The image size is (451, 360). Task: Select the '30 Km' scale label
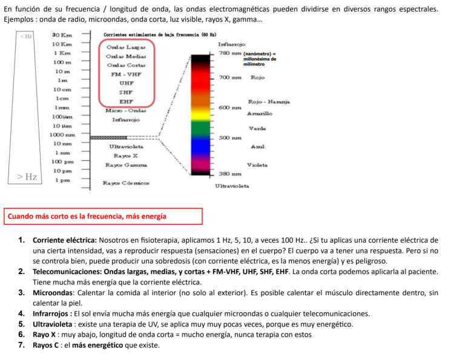pyautogui.click(x=62, y=36)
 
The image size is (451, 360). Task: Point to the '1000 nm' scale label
pyautogui.click(x=62, y=134)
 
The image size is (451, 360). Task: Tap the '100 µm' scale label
pyautogui.click(x=62, y=116)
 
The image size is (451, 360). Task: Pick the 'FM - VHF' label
pyautogui.click(x=126, y=74)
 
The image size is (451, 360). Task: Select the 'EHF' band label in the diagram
pyautogui.click(x=126, y=102)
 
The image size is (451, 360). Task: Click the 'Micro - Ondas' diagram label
pyautogui.click(x=125, y=111)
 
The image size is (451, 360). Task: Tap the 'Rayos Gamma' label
pyautogui.click(x=126, y=165)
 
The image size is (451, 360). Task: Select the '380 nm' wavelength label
pyautogui.click(x=229, y=174)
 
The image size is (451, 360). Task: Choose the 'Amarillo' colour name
pyautogui.click(x=260, y=113)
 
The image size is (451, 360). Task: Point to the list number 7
pyautogui.click(x=21, y=345)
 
